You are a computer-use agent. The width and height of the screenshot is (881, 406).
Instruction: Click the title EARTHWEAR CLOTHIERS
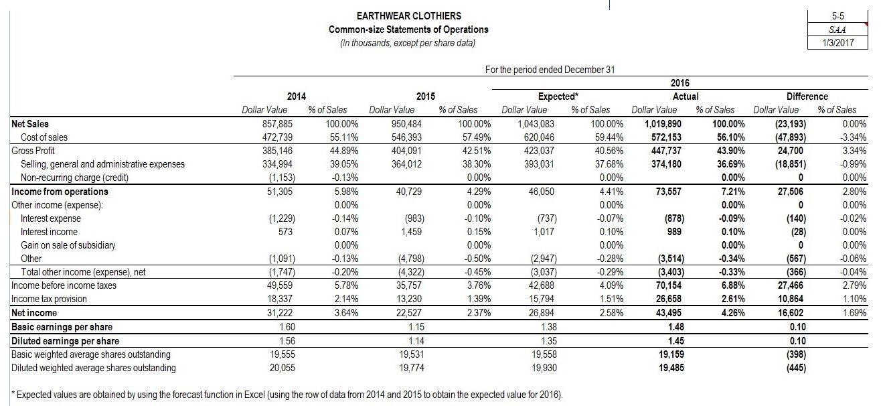point(408,15)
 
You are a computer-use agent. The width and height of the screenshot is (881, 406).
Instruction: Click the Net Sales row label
point(30,124)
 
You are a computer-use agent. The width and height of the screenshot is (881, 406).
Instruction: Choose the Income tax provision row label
point(49,299)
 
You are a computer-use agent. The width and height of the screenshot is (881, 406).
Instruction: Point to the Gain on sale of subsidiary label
point(68,245)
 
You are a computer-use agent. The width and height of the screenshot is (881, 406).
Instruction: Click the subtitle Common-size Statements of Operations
point(408,29)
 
